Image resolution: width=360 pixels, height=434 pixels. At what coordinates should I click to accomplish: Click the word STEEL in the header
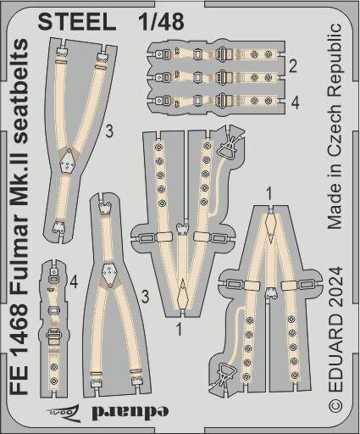pos(77,21)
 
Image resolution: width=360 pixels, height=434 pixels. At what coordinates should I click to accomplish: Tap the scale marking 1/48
pos(162,21)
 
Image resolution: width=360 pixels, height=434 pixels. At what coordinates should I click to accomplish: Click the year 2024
pos(335,287)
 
